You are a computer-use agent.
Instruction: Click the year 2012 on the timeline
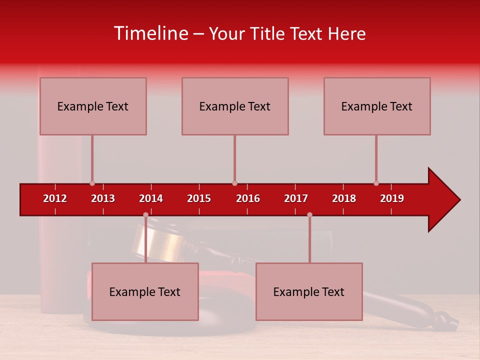pos(55,198)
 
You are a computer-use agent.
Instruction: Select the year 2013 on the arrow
pos(103,198)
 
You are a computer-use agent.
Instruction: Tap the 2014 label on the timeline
pos(151,198)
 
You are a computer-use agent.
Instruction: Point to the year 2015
pos(199,198)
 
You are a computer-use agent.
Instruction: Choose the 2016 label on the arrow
pos(248,198)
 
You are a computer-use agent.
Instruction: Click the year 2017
pos(296,198)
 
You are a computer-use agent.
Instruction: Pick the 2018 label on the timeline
pos(344,198)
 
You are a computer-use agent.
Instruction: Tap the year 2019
pos(392,198)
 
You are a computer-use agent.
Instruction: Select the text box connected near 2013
pos(93,106)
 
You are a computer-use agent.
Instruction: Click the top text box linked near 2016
pos(235,106)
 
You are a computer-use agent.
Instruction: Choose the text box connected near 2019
pos(377,106)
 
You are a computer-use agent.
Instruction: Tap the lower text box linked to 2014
pos(145,291)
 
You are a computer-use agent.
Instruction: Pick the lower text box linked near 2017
pos(309,291)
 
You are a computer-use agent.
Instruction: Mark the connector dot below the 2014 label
pos(145,215)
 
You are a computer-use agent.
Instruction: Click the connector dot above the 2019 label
pos(376,183)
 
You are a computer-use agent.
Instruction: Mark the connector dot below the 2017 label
pos(309,215)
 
